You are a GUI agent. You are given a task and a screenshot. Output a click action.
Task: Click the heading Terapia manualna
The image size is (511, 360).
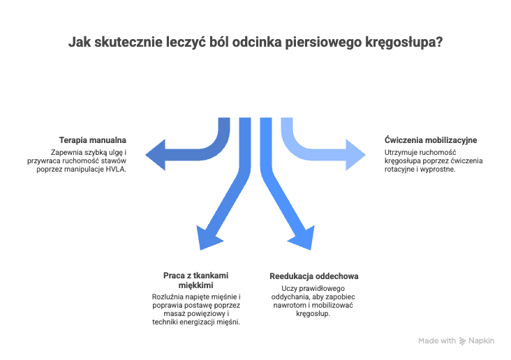93,140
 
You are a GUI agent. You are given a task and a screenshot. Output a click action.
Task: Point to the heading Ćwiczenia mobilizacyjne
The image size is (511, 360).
431,140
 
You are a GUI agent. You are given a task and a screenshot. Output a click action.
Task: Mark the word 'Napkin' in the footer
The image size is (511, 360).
481,341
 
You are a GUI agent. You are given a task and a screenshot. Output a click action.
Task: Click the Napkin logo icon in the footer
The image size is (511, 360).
462,341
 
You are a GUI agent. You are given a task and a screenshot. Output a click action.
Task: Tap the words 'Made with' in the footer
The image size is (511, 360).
437,341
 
